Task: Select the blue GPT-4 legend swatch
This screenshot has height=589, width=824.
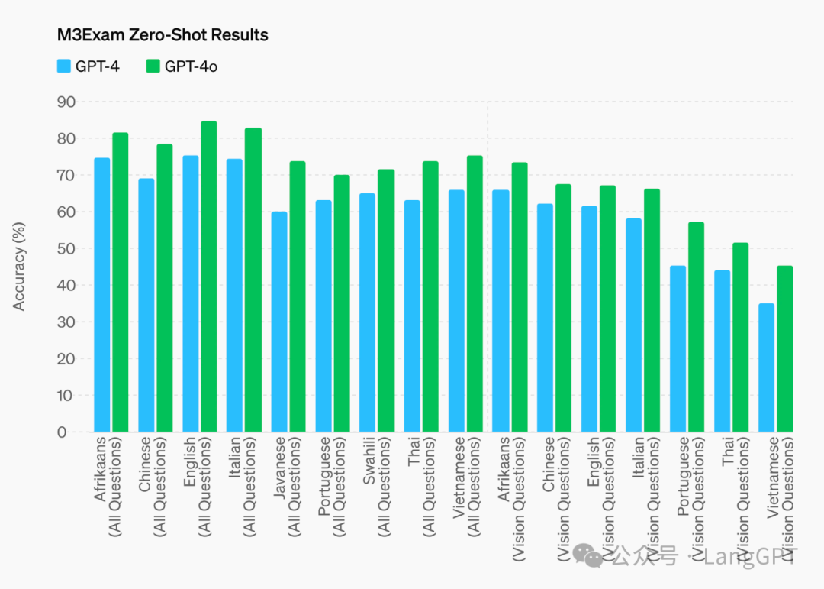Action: point(64,66)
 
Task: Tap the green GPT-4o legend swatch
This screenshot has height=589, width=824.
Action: point(153,66)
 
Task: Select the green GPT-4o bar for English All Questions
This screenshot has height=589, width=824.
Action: point(209,277)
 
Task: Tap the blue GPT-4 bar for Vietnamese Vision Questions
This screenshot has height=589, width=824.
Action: point(766,367)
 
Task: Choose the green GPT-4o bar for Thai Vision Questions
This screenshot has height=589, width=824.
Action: point(740,337)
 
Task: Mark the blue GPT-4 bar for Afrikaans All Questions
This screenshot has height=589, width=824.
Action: point(102,295)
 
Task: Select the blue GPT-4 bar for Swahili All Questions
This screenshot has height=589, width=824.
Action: point(367,312)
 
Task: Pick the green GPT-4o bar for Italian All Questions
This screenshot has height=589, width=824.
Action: point(253,280)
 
